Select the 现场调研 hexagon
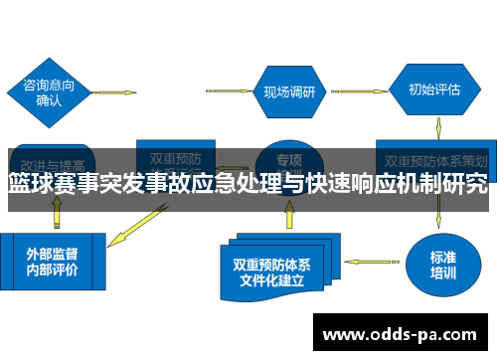pyautogui.click(x=289, y=91)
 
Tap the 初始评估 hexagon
pyautogui.click(x=433, y=89)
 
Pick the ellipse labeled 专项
pyautogui.click(x=288, y=159)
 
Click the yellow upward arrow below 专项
pyautogui.click(x=288, y=213)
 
